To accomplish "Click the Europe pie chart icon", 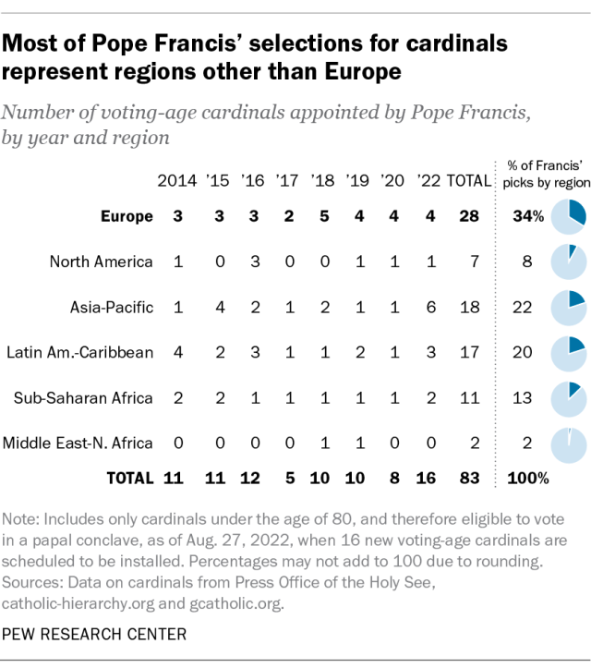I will click(x=567, y=216).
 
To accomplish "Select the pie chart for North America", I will click(x=567, y=261).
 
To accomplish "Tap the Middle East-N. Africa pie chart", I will click(x=567, y=443).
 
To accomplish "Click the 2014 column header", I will click(x=177, y=181).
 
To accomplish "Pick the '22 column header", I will click(x=428, y=181).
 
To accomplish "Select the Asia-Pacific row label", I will click(x=112, y=307).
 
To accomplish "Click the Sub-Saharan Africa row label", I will click(x=83, y=397).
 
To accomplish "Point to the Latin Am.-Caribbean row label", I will click(x=79, y=352).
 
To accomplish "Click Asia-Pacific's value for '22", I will click(x=428, y=307).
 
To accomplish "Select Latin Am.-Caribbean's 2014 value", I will click(x=177, y=352).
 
